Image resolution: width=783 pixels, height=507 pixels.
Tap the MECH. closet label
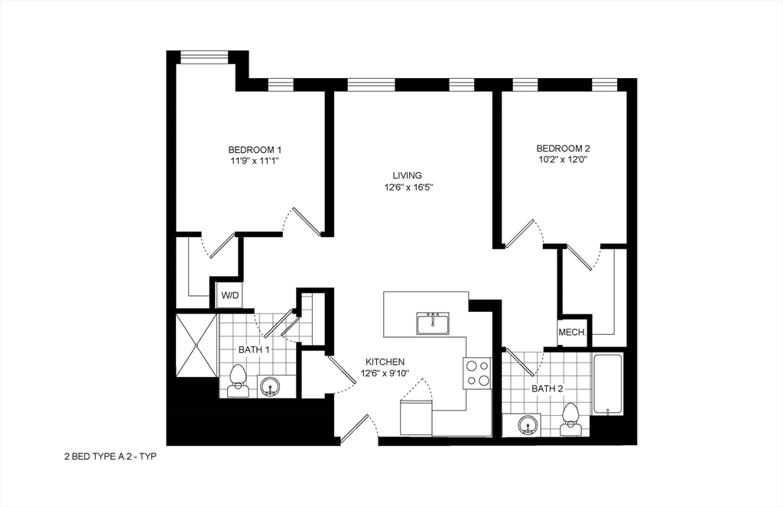[x=572, y=333]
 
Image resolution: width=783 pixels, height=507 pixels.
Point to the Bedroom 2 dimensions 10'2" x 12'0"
[x=563, y=160]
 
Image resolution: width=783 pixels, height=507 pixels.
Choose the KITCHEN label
[x=385, y=362]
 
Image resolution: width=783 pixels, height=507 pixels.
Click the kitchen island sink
[x=433, y=323]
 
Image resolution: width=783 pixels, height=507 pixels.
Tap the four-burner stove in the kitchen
[x=477, y=373]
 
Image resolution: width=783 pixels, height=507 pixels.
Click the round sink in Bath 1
[x=270, y=386]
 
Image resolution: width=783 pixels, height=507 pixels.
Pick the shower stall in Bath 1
[x=197, y=345]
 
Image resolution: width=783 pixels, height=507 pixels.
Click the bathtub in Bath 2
[x=609, y=384]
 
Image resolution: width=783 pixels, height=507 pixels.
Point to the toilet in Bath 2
[x=570, y=418]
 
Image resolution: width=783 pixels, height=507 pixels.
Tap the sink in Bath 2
[x=528, y=424]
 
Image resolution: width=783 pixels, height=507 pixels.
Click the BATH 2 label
[x=547, y=388]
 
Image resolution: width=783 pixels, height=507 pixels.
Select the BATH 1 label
[x=254, y=349]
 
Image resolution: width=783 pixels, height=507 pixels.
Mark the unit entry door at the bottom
[x=356, y=429]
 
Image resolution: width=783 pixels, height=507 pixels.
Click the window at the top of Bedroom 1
[x=203, y=56]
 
